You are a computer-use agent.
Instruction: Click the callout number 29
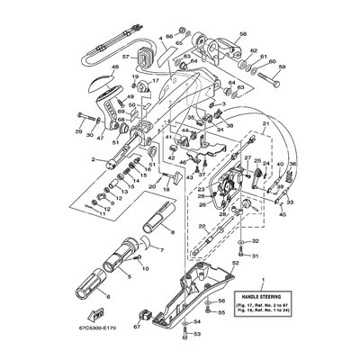(77, 132)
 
